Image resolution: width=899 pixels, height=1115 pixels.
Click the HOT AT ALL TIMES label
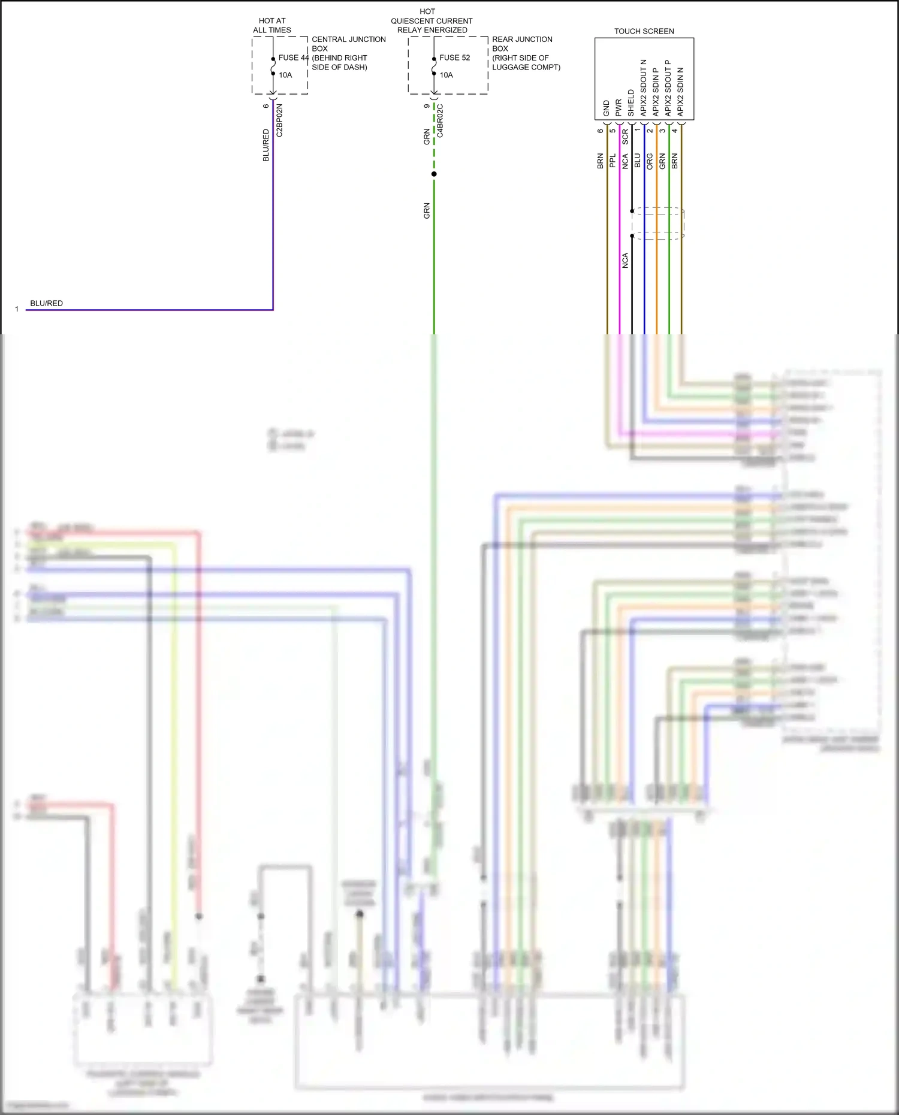click(272, 25)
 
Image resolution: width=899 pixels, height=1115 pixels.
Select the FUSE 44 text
click(293, 58)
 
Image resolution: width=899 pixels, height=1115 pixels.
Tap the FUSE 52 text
click(454, 58)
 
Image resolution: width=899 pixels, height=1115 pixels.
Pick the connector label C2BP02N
click(279, 120)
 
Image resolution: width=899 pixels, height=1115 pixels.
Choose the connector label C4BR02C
click(440, 120)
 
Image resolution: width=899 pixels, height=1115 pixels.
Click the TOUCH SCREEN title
click(644, 31)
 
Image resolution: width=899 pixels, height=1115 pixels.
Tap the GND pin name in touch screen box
click(606, 108)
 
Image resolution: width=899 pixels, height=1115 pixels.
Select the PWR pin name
click(619, 108)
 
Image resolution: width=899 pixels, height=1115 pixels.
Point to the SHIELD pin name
click(631, 103)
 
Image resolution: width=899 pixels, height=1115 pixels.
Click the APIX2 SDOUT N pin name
click(644, 87)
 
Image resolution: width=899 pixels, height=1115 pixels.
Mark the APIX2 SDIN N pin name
click(680, 92)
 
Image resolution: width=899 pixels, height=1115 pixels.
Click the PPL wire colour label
click(613, 161)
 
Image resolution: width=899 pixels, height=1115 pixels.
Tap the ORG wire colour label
click(650, 161)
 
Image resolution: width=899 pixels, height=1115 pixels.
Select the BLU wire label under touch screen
click(638, 161)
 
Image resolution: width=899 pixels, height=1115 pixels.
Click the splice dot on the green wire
click(434, 174)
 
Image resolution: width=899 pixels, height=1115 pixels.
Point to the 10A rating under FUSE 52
click(446, 75)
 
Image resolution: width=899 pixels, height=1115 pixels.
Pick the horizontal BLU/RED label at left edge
click(46, 303)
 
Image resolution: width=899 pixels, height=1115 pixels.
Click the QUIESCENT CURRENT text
click(432, 21)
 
